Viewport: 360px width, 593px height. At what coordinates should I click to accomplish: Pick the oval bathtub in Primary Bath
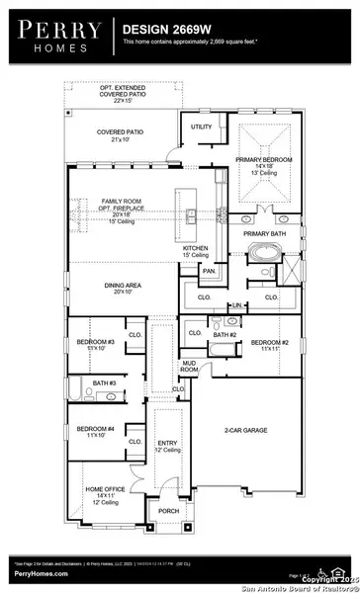click(263, 250)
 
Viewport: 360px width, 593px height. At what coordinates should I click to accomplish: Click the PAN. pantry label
click(210, 270)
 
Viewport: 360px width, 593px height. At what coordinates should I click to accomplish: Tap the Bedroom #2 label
click(269, 345)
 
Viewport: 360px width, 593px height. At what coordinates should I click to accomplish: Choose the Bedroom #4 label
click(95, 430)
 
